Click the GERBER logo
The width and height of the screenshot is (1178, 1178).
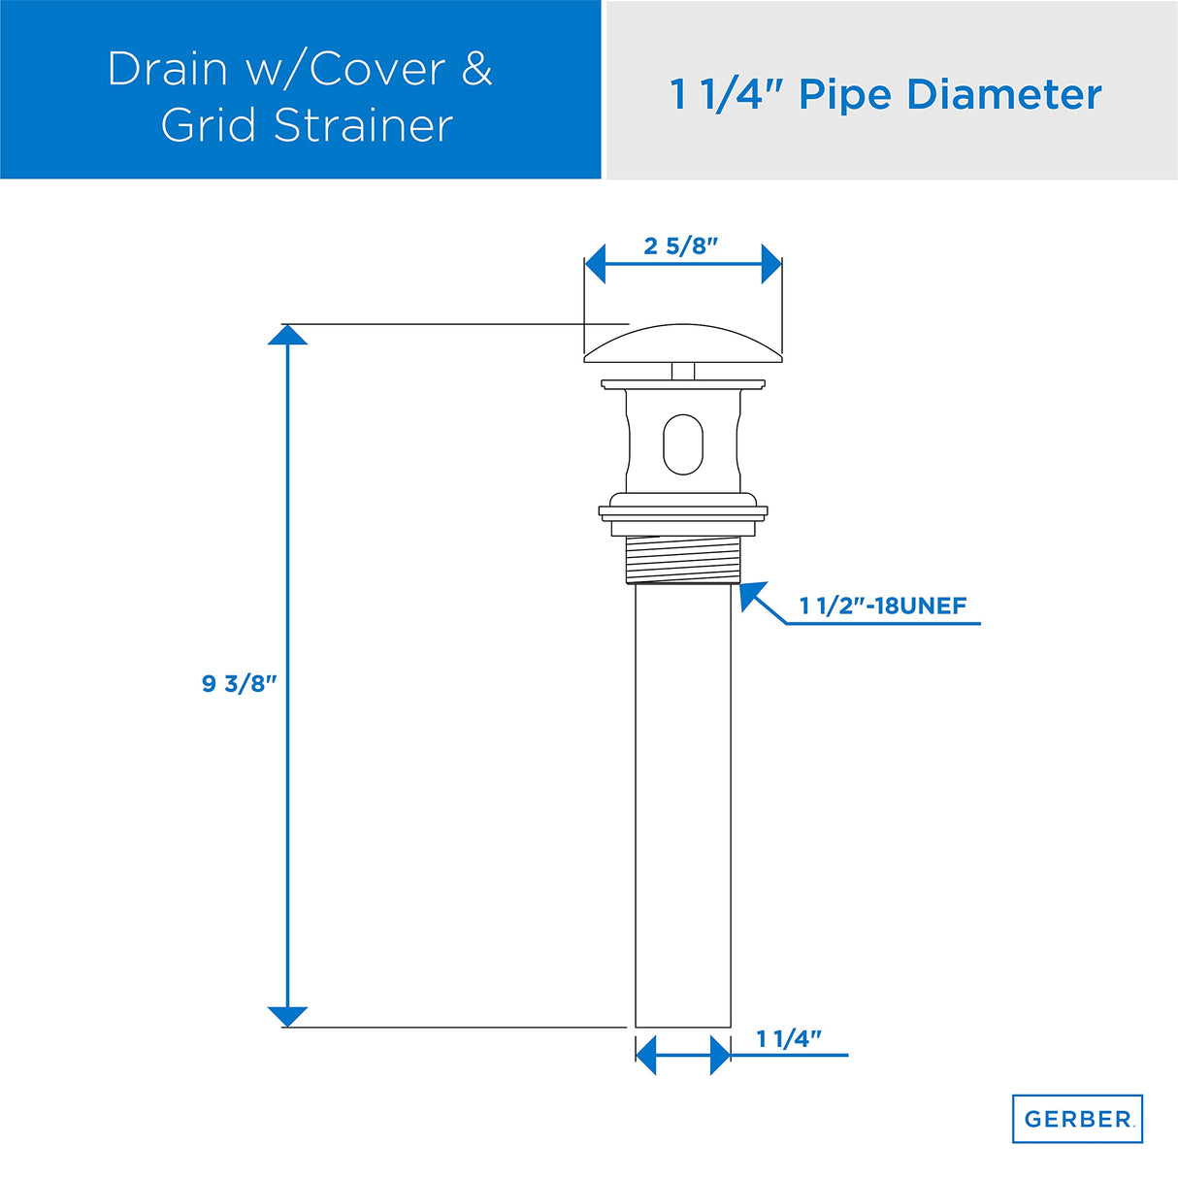point(1077,1119)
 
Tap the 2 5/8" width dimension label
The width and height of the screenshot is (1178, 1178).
point(680,245)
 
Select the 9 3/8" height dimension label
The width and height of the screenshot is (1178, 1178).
point(239,683)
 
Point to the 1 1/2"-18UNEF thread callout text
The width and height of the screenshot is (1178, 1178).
point(882,605)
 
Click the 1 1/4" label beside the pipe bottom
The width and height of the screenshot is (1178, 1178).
point(788,1038)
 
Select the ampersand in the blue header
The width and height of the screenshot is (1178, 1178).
point(475,69)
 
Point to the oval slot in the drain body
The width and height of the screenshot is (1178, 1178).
point(682,444)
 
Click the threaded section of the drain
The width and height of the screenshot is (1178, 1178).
point(682,559)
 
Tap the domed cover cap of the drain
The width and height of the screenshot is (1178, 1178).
point(682,345)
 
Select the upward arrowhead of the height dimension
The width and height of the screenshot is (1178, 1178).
point(287,335)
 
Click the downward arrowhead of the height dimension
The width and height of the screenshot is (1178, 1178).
point(287,1016)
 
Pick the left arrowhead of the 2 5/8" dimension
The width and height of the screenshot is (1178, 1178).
point(595,263)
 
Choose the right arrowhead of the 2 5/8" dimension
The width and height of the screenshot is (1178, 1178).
point(771,263)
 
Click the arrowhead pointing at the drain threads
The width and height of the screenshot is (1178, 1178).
point(750,594)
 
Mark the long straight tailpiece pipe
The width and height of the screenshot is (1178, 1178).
point(682,805)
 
